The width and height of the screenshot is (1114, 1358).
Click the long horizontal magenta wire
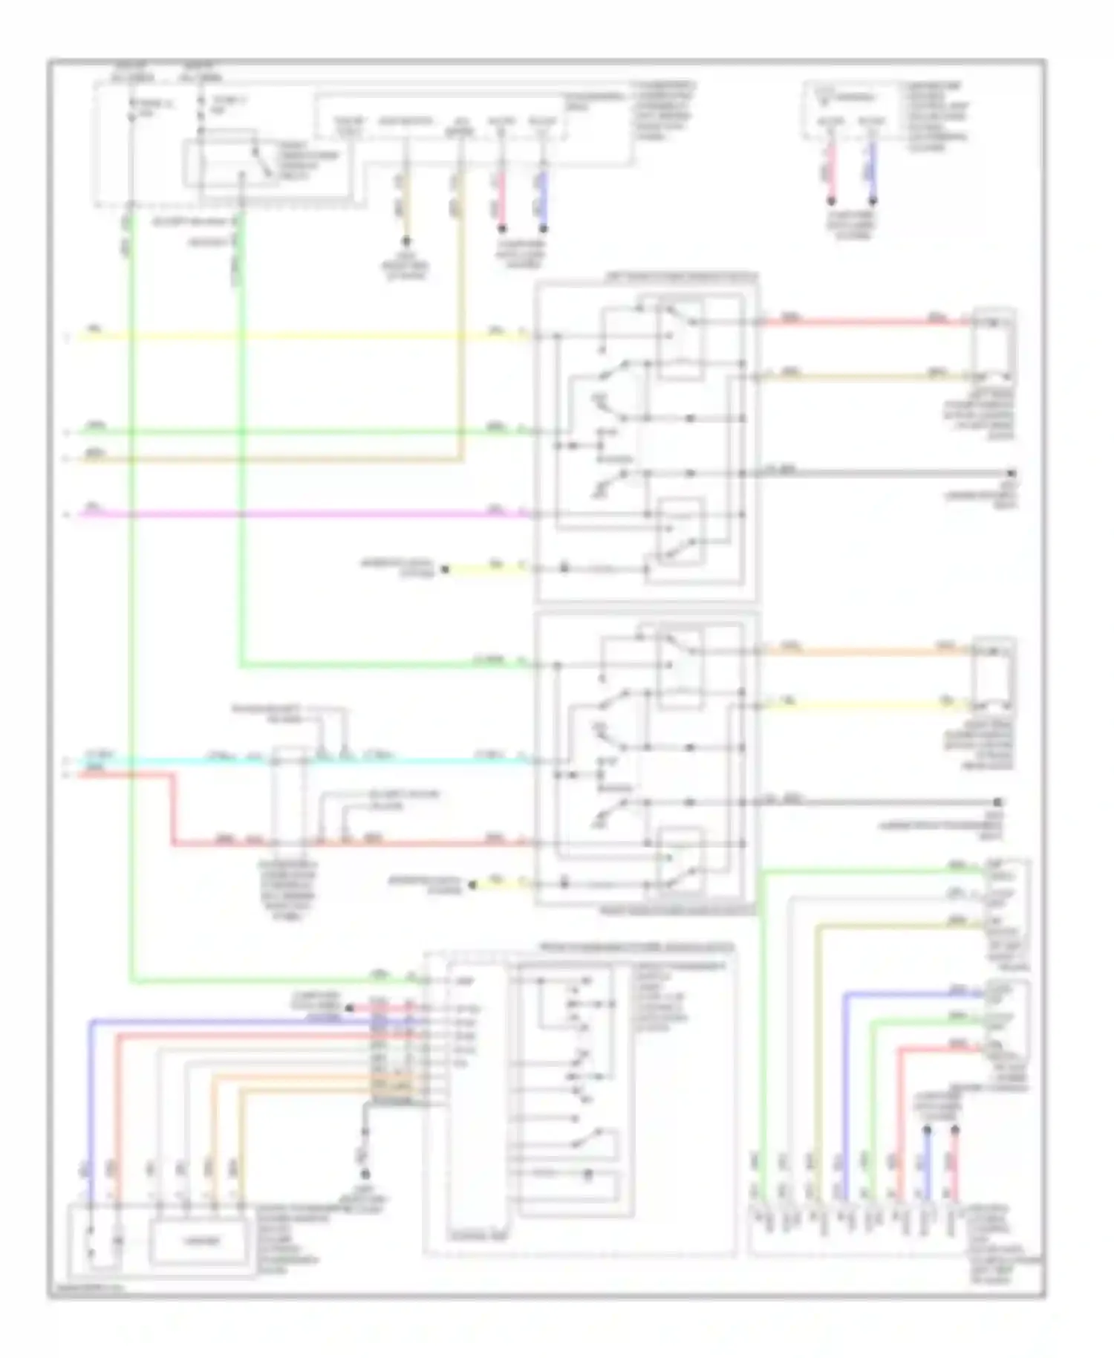(x=297, y=513)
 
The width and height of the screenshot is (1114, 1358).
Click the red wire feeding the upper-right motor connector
(x=861, y=322)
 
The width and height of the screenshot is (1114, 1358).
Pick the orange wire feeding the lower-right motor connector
(x=861, y=652)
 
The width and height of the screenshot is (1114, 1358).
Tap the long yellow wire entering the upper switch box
(x=297, y=337)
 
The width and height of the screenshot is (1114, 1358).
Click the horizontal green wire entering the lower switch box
(x=371, y=664)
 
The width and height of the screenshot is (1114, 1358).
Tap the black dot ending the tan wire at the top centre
(x=406, y=241)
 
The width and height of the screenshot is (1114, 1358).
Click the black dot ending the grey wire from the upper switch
(x=1011, y=473)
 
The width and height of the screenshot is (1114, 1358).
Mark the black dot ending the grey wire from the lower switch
(x=999, y=802)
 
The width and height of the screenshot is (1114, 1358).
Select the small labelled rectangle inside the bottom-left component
(x=197, y=1241)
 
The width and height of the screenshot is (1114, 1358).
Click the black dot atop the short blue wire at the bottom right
(x=927, y=1131)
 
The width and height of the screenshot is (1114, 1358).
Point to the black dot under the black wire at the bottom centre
(x=365, y=1175)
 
